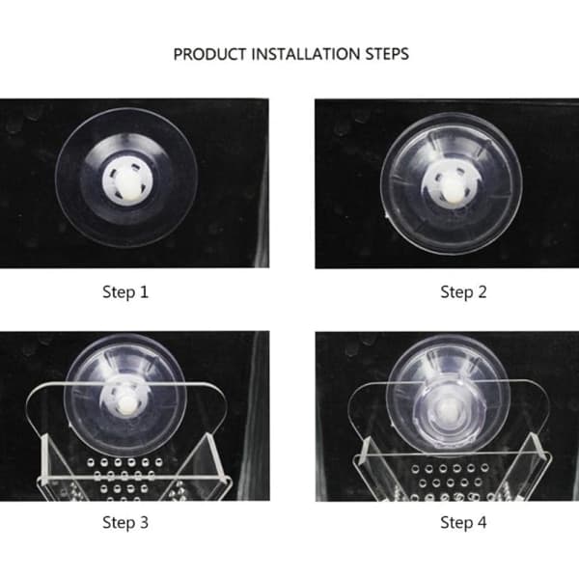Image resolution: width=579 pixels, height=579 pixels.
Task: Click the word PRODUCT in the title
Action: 209,54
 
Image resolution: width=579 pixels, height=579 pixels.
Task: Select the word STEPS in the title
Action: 387,54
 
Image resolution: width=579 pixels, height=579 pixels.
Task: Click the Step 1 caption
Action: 125,292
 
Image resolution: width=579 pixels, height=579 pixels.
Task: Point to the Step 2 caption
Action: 463,292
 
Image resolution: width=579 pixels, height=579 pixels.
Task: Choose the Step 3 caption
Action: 125,522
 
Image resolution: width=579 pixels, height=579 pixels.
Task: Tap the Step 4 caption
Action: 463,522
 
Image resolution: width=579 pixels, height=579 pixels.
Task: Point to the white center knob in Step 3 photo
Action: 125,404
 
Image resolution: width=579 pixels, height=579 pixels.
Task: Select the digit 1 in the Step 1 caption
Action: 144,292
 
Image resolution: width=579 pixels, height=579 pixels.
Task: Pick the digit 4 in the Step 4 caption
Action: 482,522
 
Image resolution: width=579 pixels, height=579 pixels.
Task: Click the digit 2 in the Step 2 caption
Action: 482,292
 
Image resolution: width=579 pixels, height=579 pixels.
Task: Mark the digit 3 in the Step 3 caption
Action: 144,522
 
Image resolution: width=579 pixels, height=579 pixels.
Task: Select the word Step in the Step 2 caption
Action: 456,292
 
